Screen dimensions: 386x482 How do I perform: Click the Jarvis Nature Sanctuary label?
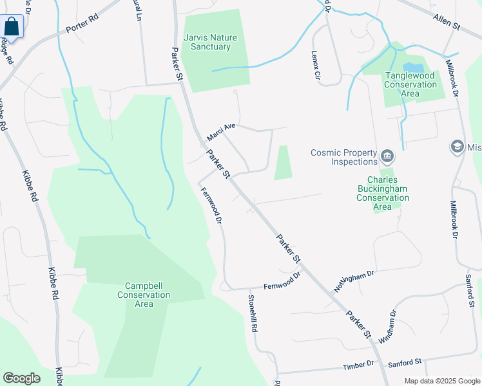pos(211,42)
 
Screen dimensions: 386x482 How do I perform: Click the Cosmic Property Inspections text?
pos(343,157)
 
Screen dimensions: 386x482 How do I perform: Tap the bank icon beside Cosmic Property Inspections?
pos(387,155)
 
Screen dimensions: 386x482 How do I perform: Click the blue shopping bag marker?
pos(12,27)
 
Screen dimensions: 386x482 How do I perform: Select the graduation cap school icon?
pos(458,147)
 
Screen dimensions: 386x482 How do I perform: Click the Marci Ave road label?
pos(220,132)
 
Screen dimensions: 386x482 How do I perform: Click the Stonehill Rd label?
pos(254,313)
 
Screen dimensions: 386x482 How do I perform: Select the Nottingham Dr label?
pos(354,282)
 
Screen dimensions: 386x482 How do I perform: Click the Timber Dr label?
pos(358,365)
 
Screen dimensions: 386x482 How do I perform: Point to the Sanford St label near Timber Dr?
pos(404,363)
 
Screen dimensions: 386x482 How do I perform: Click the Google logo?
pos(21,378)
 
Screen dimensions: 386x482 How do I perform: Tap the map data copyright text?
pos(443,381)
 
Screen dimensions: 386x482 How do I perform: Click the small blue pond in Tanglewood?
pos(414,67)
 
